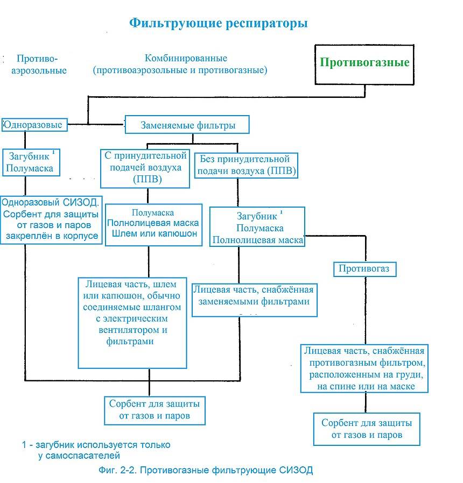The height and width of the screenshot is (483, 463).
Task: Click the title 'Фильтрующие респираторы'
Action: click(219, 23)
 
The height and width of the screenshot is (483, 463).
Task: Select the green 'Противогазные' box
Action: click(364, 62)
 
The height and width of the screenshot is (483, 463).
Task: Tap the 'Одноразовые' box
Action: click(33, 125)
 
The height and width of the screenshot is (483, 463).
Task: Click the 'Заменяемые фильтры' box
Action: click(187, 125)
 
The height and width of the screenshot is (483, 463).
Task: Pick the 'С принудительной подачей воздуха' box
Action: click(145, 168)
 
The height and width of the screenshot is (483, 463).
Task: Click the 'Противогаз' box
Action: click(364, 268)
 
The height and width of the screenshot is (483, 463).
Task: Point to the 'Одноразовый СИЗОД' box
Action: click(52, 219)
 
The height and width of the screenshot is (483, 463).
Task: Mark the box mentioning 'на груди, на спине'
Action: click(364, 368)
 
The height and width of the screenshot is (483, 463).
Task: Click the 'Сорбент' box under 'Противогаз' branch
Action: click(366, 428)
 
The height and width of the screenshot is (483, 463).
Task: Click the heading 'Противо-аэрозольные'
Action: click(39, 64)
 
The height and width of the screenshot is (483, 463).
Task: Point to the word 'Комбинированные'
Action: click(186, 58)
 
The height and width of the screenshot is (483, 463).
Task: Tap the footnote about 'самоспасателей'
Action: click(96, 451)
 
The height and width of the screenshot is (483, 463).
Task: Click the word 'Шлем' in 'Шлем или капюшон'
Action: click(124, 235)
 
